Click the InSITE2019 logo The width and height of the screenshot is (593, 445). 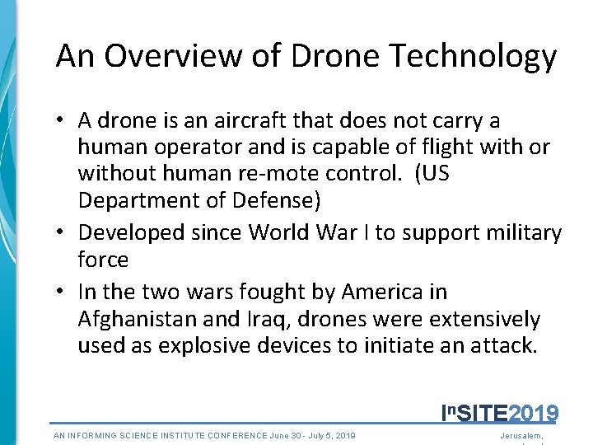[500, 412]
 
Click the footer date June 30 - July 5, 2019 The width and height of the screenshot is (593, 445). [312, 435]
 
